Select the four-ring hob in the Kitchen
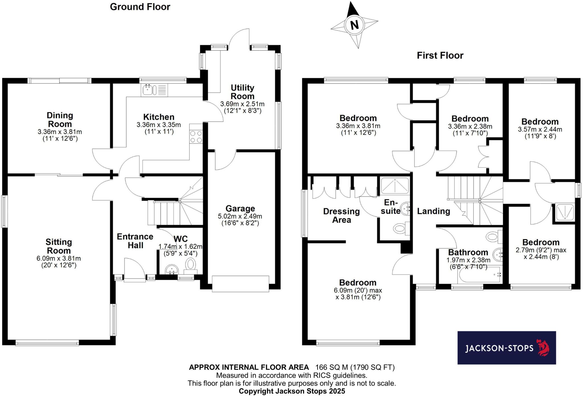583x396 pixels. (x=196, y=137)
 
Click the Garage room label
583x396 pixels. (x=240, y=209)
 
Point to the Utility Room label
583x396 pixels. (x=242, y=92)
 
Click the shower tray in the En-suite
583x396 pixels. (x=394, y=186)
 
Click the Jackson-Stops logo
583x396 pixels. (x=506, y=348)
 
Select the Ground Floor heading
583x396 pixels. (x=140, y=7)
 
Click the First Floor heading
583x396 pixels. (x=440, y=55)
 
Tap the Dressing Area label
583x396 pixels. (x=341, y=215)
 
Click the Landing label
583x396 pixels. (x=433, y=211)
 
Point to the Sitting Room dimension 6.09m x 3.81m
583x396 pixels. (x=59, y=259)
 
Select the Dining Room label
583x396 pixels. (x=60, y=120)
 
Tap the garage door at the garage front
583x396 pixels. (x=240, y=283)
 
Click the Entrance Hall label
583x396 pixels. (x=135, y=241)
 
